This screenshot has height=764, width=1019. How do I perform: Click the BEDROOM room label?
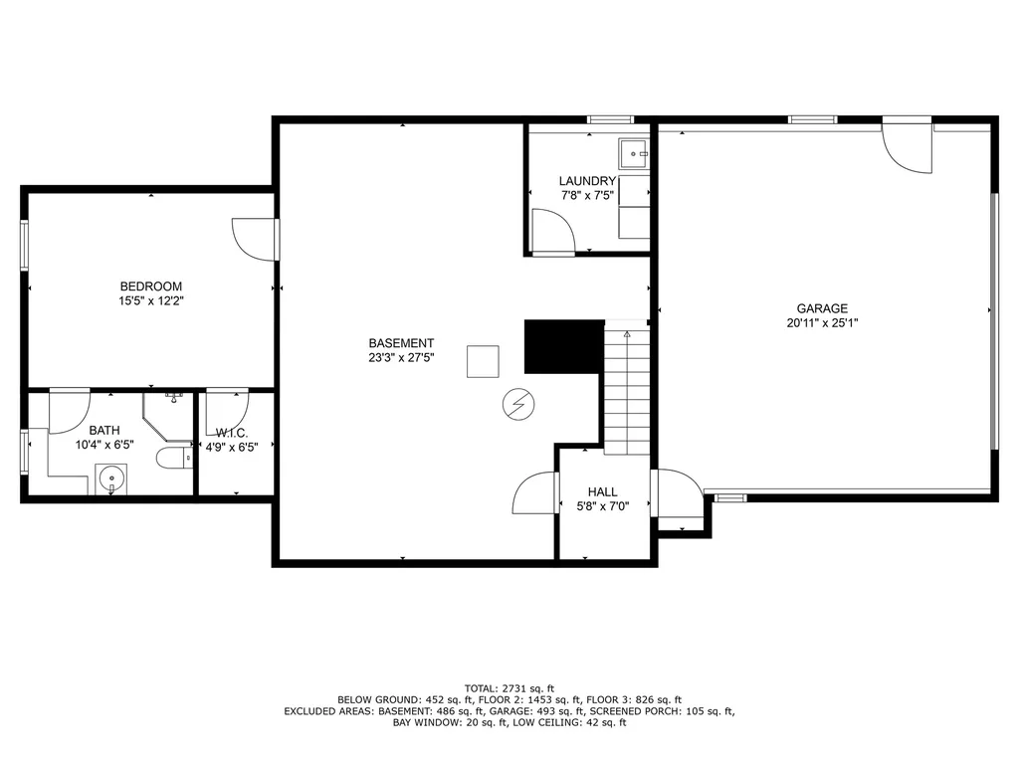coord(151,286)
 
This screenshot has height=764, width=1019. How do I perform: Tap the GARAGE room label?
coord(822,308)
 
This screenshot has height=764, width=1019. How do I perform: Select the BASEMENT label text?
coord(401,343)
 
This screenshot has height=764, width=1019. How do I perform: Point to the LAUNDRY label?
coord(587,181)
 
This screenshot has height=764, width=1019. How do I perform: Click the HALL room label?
coord(602,491)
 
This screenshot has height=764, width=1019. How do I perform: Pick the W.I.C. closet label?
coord(231,434)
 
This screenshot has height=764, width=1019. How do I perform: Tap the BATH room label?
coord(103,430)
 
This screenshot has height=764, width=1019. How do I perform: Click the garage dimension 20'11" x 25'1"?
coord(822,323)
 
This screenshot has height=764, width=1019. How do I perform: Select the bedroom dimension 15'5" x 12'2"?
coord(151,300)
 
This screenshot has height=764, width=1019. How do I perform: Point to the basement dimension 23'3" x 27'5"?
coord(401,357)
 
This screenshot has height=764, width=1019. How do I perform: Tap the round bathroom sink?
coord(111,479)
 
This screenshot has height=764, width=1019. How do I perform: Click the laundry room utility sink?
coord(634,154)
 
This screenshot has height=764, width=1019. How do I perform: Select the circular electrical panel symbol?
coord(517,405)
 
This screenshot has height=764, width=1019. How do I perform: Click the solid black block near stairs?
coord(564,346)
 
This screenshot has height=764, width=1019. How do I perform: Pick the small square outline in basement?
coord(483,361)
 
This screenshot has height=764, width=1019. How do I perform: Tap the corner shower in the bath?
coord(167,417)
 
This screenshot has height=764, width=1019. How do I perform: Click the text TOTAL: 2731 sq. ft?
coord(509,688)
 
